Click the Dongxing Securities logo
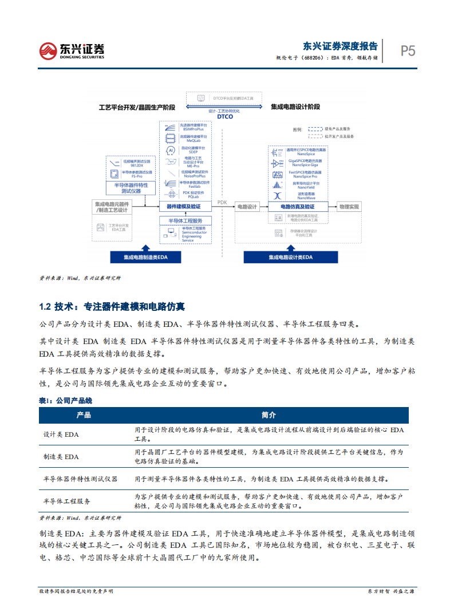click(x=72, y=50)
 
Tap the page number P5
click(x=408, y=51)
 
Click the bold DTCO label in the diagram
click(x=225, y=116)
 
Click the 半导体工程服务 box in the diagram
click(x=185, y=221)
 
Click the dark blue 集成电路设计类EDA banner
click(x=291, y=257)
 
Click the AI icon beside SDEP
click(x=170, y=150)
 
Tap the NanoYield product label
click(x=302, y=187)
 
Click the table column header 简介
click(x=268, y=415)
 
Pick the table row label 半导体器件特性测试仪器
click(x=80, y=479)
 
